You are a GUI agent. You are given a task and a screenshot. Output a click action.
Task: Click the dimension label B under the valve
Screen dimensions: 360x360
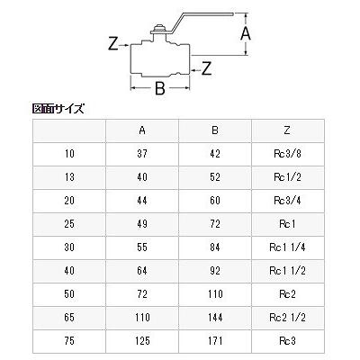160,89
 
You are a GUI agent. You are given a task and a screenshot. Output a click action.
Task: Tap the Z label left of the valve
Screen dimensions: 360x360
112,41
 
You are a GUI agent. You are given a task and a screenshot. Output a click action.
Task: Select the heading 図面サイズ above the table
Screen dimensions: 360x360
58,109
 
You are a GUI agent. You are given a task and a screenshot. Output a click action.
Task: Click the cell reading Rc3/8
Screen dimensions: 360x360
287,155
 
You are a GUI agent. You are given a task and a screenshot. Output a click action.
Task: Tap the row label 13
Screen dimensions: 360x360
70,177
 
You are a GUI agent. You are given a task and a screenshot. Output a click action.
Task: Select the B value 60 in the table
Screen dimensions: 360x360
215,199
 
